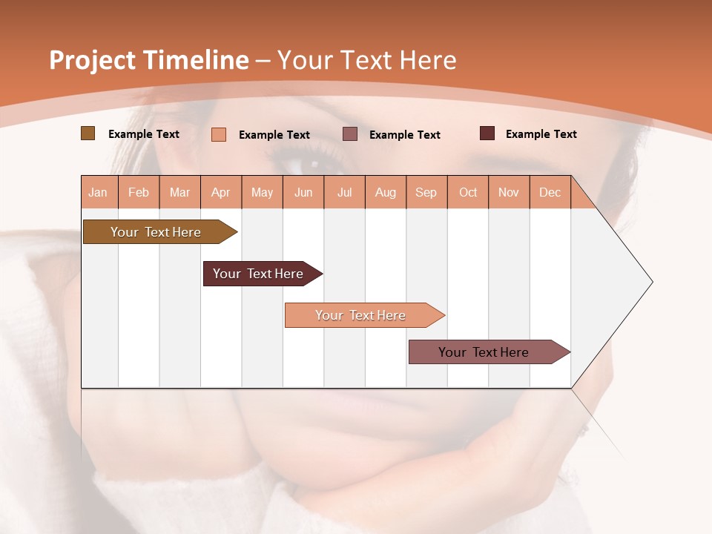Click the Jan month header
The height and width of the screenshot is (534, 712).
click(99, 192)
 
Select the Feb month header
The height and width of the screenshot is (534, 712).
click(139, 192)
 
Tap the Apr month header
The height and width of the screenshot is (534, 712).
click(221, 192)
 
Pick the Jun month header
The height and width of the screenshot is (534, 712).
click(303, 192)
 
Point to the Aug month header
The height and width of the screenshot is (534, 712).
click(386, 192)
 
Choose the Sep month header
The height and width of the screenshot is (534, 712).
click(426, 192)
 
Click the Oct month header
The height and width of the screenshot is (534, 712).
click(468, 192)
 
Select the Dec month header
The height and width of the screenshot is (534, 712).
click(550, 192)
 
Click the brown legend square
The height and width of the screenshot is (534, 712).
click(88, 133)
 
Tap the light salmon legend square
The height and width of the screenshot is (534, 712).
click(219, 134)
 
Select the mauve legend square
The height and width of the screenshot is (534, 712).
click(350, 134)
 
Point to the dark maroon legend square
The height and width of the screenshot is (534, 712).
click(487, 133)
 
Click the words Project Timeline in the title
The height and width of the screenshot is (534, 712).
click(149, 60)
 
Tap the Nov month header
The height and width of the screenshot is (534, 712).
click(509, 192)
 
